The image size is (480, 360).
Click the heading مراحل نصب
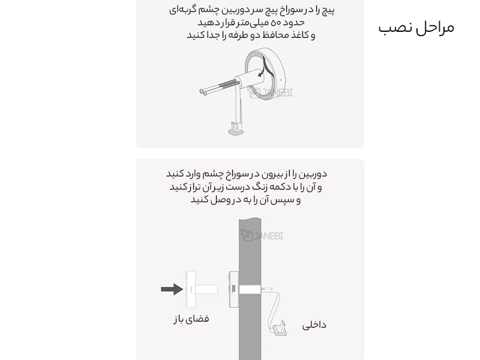[416, 28]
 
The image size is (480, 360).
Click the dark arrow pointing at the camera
[172, 290]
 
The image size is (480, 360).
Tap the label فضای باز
[191, 319]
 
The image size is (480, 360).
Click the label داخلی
[315, 325]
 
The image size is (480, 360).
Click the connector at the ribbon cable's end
[278, 327]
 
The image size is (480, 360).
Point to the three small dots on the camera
[232, 293]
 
